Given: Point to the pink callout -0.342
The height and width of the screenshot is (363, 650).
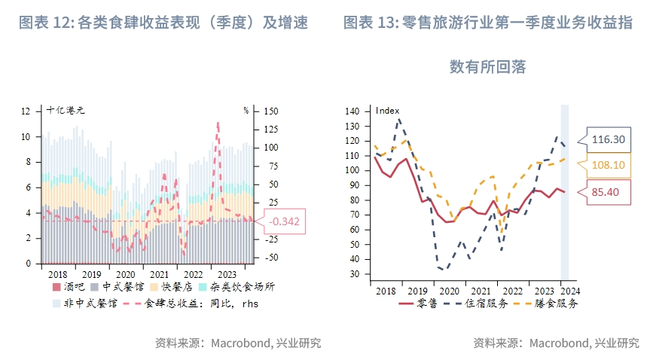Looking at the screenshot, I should [284, 221].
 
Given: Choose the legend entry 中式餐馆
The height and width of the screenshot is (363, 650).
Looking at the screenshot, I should [118, 287].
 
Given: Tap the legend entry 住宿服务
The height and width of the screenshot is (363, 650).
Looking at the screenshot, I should [484, 303].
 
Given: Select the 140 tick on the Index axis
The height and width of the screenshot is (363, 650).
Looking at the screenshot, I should [353, 111].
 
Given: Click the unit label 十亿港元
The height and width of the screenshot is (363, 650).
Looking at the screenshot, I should [65, 110].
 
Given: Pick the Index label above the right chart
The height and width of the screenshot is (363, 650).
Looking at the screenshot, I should [387, 111].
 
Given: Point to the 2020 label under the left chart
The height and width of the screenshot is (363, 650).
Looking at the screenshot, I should [126, 275].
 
